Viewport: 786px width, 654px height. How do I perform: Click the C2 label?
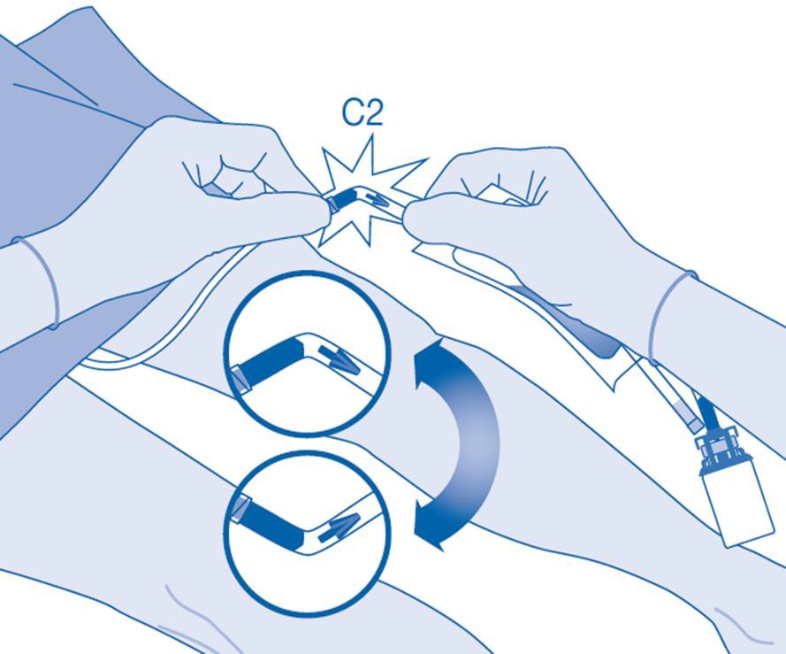point(362,113)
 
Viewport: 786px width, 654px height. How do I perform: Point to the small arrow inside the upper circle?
point(340,361)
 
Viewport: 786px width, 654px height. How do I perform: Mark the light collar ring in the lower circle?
point(241,508)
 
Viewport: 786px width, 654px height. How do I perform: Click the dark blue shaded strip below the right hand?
point(567,321)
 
